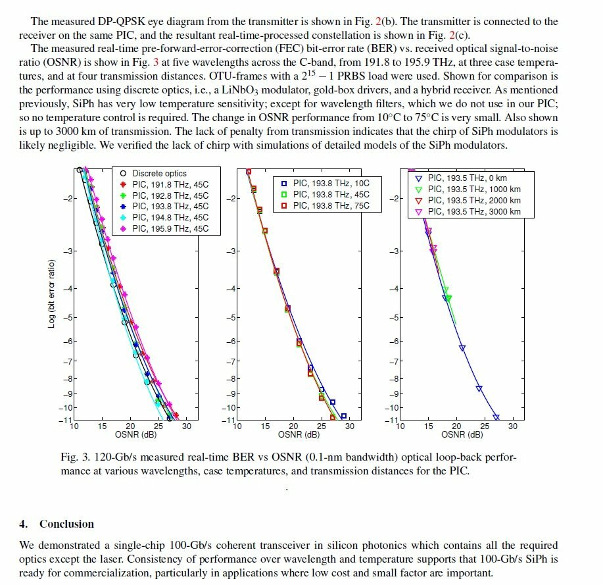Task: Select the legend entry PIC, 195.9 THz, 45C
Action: tap(170, 229)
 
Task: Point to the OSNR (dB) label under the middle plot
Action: tap(299, 434)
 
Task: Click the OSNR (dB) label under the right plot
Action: tap(462, 434)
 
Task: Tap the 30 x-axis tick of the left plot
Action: tap(187, 426)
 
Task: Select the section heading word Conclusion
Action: tap(66, 524)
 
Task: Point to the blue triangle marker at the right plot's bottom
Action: tap(496, 417)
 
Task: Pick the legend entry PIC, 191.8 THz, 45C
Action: tap(170, 184)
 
